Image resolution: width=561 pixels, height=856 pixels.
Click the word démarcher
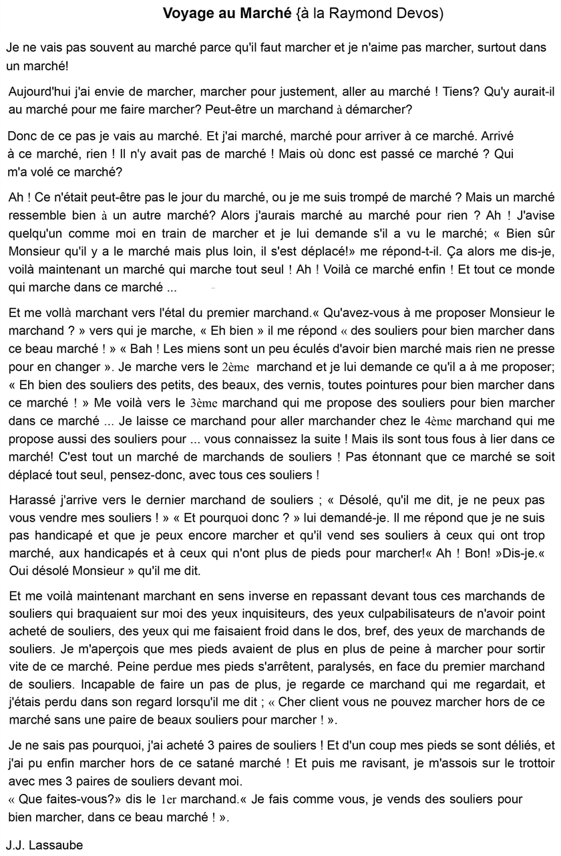point(381,108)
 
